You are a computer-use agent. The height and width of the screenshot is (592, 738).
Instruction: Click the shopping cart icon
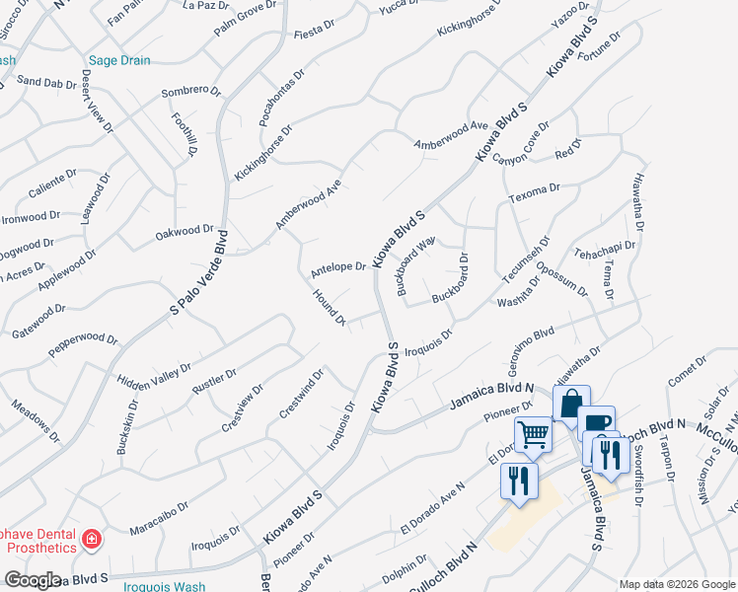pos(533,433)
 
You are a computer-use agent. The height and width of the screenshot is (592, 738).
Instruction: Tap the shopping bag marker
pos(571,403)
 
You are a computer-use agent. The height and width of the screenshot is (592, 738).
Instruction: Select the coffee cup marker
pos(595,423)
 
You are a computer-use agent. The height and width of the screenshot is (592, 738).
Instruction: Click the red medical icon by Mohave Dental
pos(91,539)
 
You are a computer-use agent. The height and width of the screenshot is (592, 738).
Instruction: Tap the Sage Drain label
pos(119,60)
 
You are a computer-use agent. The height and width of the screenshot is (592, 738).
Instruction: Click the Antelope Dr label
pos(338,269)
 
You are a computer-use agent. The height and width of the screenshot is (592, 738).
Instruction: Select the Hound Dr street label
pos(329,307)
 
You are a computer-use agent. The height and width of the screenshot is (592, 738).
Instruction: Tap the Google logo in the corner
pos(33,580)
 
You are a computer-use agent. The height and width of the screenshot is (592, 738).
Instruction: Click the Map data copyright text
pos(677,583)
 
